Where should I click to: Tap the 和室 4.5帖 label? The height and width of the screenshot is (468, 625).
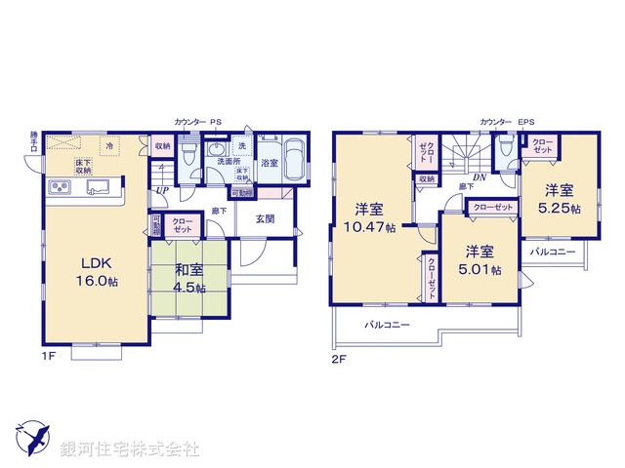coord(189,279)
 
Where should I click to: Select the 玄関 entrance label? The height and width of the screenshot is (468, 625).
coord(265,219)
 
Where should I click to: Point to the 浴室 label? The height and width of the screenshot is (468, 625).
coord(270,164)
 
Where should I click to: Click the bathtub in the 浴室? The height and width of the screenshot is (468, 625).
coord(295,158)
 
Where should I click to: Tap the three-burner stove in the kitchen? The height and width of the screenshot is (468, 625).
coord(59,187)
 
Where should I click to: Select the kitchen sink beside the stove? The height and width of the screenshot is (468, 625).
coord(99,186)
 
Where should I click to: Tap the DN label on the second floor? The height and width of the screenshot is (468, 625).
coord(479,177)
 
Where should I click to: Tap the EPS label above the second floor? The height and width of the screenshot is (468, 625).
coord(526,122)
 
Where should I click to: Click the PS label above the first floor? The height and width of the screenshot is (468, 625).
coord(215,122)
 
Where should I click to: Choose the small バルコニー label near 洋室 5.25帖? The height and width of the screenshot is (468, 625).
coord(553,251)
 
